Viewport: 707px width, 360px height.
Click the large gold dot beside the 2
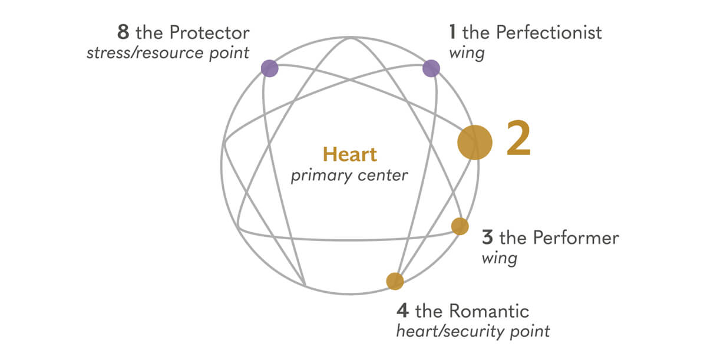point(475,143)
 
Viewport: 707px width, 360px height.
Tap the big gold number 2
point(518,138)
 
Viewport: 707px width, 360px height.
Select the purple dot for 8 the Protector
point(270,68)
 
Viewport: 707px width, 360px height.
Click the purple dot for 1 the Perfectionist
point(431,68)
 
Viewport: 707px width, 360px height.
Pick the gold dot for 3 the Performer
point(460,226)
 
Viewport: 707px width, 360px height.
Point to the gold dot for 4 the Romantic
point(395,281)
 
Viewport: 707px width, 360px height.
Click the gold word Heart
point(350,154)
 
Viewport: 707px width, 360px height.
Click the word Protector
point(210,32)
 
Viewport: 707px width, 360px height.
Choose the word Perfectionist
point(549,32)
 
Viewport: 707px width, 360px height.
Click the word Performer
point(576,237)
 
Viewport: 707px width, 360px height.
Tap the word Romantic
point(489,311)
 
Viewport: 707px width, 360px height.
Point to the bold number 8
point(123,32)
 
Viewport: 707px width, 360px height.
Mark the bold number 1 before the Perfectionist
point(452,32)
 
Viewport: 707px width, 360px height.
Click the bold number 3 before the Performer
point(487,237)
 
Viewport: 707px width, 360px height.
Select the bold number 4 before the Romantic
point(403,311)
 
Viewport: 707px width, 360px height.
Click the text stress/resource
point(145,53)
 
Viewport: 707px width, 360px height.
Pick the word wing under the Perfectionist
point(467,53)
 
